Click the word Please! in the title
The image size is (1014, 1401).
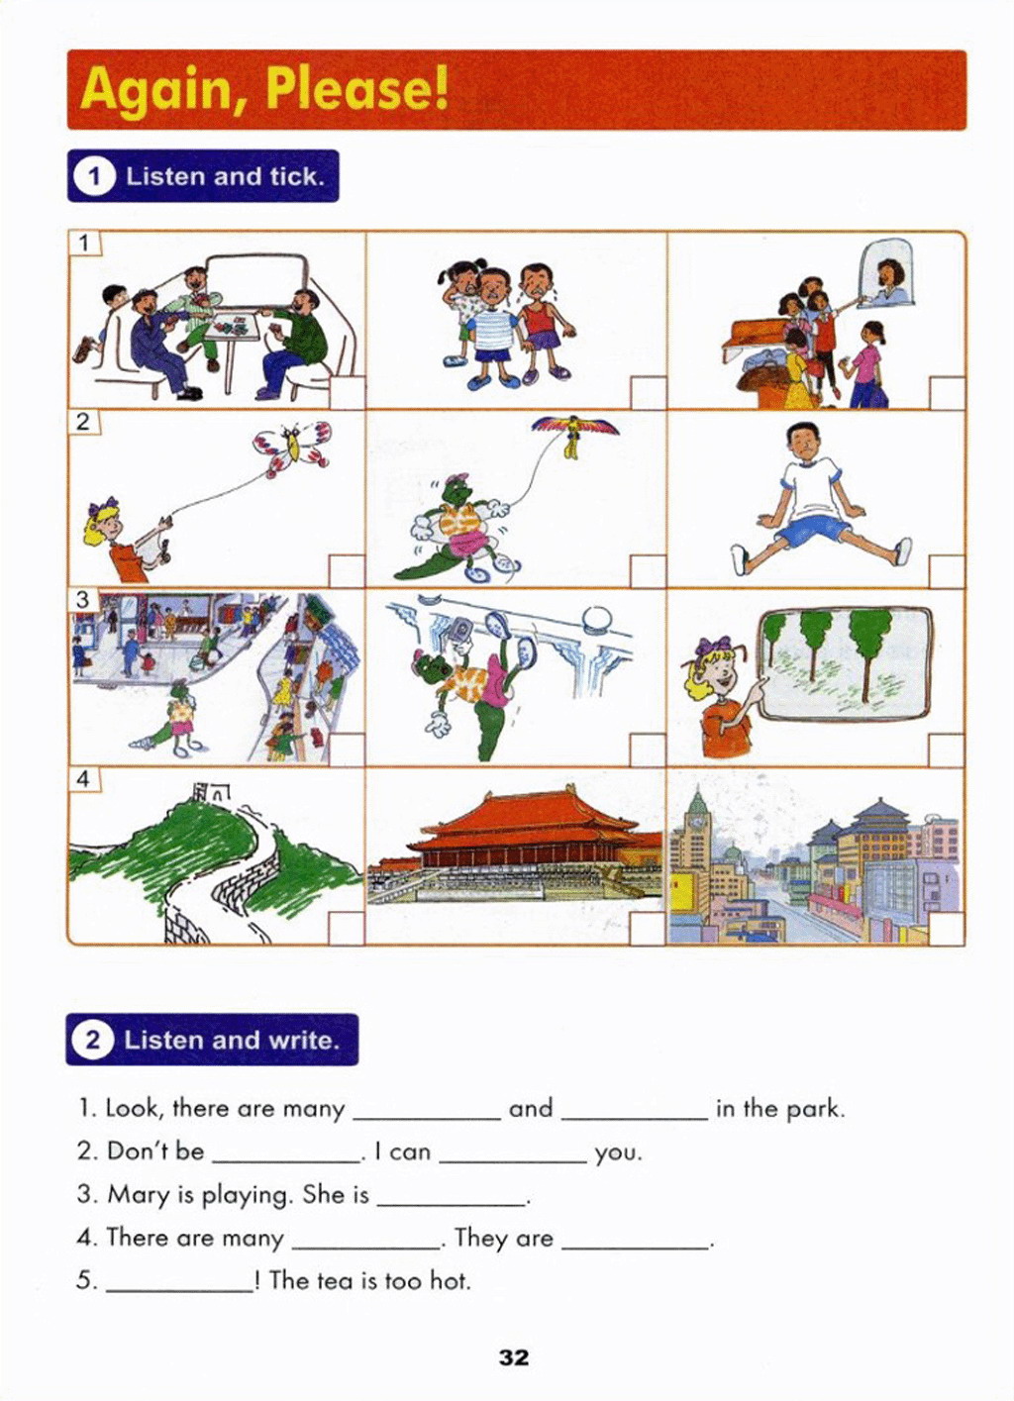(357, 90)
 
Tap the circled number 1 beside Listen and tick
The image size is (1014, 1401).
(94, 177)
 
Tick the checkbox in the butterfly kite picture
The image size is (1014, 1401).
(346, 571)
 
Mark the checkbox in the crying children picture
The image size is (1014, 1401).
(648, 393)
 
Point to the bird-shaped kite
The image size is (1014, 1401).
(575, 433)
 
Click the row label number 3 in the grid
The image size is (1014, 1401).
(83, 600)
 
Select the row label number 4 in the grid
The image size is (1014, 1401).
(83, 779)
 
